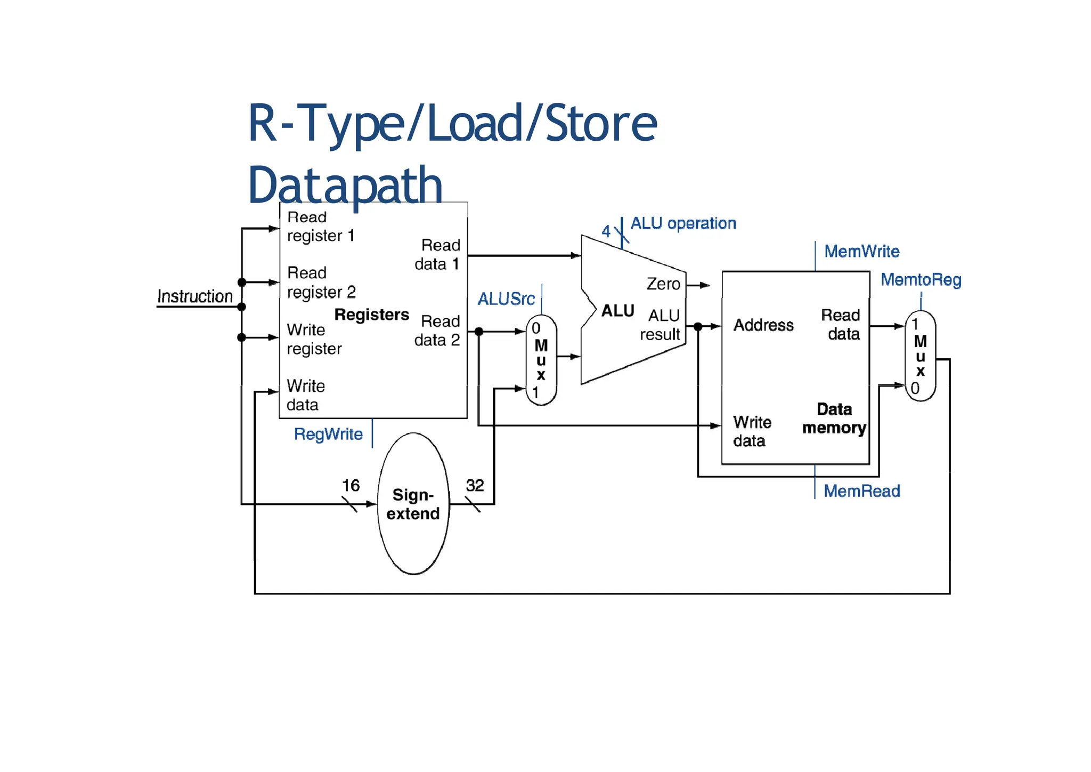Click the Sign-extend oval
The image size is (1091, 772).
(413, 504)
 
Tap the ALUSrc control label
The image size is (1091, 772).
(506, 299)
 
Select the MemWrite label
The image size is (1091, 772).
(861, 252)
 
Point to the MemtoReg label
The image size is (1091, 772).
(921, 280)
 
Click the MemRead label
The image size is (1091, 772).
(861, 491)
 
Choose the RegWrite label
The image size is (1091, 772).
(328, 435)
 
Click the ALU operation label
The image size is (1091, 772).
(683, 223)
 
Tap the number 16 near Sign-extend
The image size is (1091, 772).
(351, 486)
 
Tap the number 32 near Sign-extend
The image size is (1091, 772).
(475, 486)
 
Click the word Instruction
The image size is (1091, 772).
(195, 296)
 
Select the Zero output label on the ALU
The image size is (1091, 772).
(663, 284)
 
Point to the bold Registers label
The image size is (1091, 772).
(371, 315)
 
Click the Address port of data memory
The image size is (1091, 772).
(763, 325)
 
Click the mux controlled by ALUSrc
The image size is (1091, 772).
(541, 360)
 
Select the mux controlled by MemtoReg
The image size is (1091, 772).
(920, 356)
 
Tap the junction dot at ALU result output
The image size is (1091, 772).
(698, 326)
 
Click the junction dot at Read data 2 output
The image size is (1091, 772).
(478, 332)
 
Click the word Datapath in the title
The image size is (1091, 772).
(345, 185)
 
